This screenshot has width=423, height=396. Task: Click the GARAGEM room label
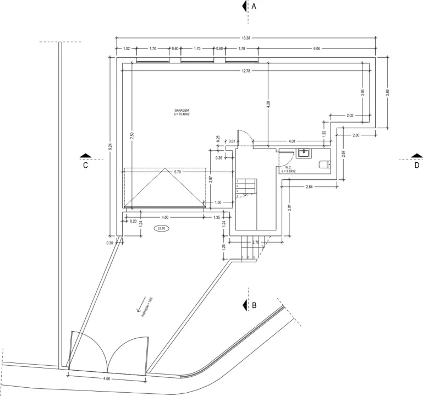(182, 111)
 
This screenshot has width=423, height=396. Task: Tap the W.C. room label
(288, 168)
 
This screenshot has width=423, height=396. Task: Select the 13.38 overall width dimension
(246, 38)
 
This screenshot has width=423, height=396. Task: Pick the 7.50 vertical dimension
(131, 135)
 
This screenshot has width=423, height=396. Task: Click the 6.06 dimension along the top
(316, 49)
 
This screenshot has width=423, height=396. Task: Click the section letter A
(254, 7)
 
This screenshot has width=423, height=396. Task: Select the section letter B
(254, 304)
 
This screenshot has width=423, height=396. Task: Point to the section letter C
(86, 164)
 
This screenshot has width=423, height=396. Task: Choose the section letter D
(417, 164)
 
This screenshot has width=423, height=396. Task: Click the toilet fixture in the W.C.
(323, 163)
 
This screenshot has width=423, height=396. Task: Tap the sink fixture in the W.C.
(303, 151)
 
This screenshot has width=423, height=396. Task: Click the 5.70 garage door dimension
(177, 172)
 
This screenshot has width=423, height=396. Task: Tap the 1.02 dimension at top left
(127, 49)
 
